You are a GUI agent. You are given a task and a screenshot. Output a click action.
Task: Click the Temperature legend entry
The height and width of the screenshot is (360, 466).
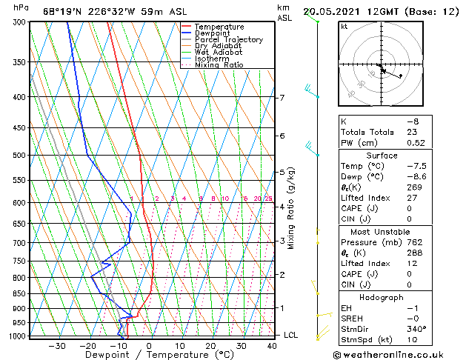pos(219,27)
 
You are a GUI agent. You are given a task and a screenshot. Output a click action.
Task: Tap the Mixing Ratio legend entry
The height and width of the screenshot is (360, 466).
pos(219,65)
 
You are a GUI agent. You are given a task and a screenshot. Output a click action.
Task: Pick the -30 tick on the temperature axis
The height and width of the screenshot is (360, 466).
pos(56,346)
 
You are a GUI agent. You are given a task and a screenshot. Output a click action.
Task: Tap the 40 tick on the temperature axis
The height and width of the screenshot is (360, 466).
pos(273,346)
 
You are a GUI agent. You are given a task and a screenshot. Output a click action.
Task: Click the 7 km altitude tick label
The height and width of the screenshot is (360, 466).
pos(282,98)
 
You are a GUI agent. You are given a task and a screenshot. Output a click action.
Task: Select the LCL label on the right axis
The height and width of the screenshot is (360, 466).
pos(291,335)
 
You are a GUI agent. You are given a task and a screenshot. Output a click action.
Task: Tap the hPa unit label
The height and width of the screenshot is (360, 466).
pos(21,7)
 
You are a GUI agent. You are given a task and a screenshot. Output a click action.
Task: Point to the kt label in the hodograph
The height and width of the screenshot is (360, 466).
pos(344,26)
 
